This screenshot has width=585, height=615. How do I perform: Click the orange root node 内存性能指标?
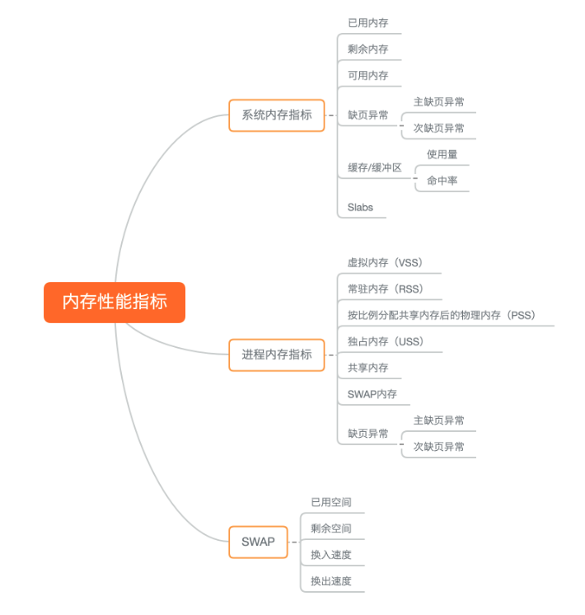pos(115,302)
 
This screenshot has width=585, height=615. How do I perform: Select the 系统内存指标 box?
pos(277,115)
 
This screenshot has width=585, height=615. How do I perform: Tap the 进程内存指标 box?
pos(277,354)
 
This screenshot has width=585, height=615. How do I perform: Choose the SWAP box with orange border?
pos(258,542)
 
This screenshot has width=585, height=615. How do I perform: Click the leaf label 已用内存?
pos(367,22)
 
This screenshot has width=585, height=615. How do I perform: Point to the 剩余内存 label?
pos(367,49)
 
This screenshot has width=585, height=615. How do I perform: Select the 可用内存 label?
pos(367,75)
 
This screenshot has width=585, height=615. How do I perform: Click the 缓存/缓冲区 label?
pos(374,167)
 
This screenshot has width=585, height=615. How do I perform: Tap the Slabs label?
pos(360,207)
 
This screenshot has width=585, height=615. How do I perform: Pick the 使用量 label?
pos(442,154)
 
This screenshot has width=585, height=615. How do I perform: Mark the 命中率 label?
pos(442,181)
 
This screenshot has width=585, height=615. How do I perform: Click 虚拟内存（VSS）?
pos(385,263)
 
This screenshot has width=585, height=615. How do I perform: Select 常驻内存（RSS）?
pos(385,289)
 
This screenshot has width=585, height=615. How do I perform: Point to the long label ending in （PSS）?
pos(441,315)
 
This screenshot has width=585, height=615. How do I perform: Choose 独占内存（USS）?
pos(385,341)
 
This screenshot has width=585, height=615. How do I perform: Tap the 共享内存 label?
pos(367,368)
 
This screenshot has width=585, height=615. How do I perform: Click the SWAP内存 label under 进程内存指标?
pos(372,394)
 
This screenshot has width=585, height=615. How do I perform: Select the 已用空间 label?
pos(331,501)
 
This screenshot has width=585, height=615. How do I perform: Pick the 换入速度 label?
pos(331,554)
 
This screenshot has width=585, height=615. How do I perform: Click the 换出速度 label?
pos(331,580)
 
